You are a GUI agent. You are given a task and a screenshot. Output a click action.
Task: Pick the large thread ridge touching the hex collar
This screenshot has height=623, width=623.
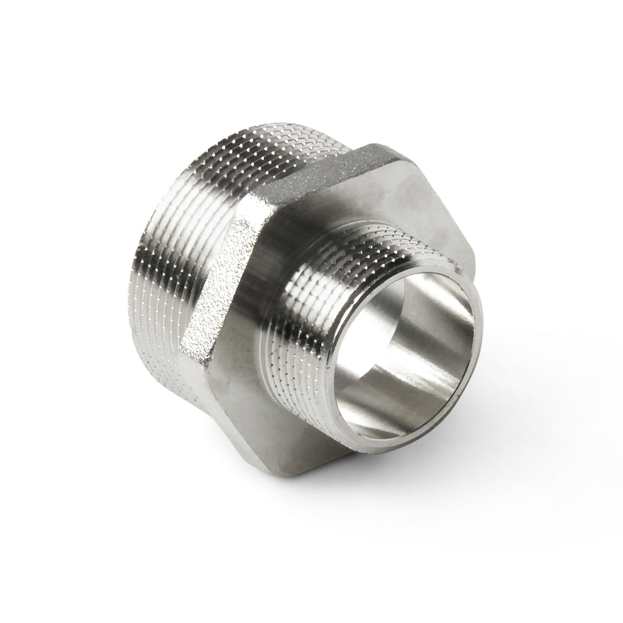234,187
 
